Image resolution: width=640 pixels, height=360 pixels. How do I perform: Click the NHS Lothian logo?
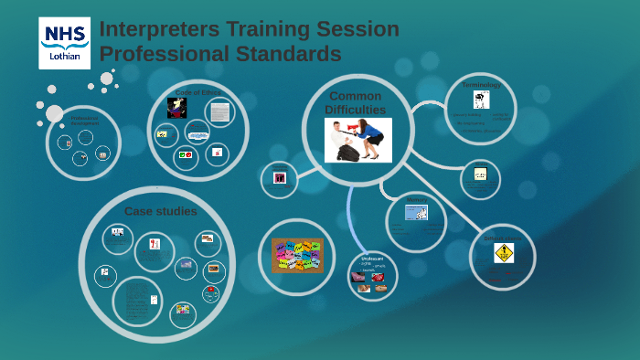(64, 42)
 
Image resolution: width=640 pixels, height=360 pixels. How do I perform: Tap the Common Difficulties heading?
(355, 102)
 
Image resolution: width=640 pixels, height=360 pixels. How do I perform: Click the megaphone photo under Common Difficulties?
(358, 140)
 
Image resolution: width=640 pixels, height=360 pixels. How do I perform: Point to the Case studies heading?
(161, 211)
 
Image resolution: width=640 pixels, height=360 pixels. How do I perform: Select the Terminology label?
(481, 84)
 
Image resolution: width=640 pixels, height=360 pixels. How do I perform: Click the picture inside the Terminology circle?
(481, 100)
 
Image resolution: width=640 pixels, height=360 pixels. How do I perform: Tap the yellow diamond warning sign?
(504, 253)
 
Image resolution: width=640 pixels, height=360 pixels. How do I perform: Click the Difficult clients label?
(504, 238)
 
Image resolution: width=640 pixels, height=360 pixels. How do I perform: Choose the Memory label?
(417, 198)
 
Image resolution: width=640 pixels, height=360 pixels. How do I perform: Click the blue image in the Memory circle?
(417, 212)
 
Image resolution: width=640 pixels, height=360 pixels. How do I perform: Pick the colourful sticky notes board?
(297, 255)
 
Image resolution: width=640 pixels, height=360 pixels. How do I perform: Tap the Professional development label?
(84, 120)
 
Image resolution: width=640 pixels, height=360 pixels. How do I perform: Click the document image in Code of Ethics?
(219, 112)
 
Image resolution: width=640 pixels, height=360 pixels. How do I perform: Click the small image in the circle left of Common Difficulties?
(280, 178)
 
